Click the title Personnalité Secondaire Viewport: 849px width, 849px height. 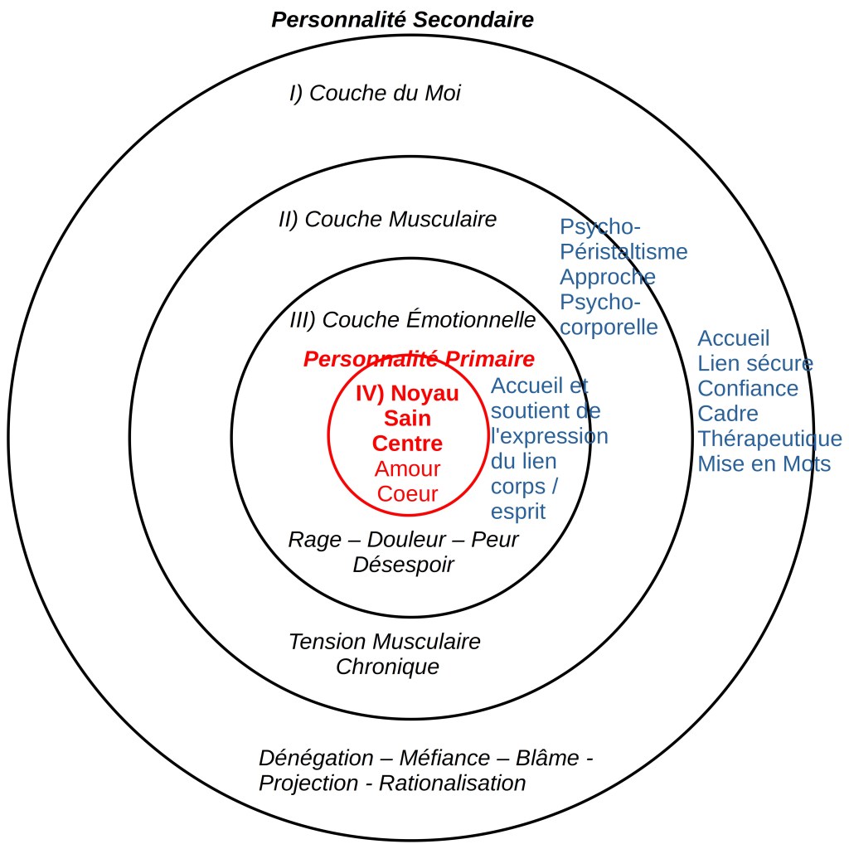tap(402, 19)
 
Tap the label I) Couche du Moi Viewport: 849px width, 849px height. tap(375, 93)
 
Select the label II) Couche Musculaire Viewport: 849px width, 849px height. tap(387, 219)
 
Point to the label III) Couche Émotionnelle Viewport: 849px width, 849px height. tap(413, 319)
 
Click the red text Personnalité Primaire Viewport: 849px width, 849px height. tap(419, 359)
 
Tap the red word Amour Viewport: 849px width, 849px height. tap(407, 468)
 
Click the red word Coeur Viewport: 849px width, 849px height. tap(407, 493)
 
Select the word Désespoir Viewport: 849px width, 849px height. tap(403, 565)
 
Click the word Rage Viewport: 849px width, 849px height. tap(314, 540)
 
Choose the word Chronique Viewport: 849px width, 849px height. tap(387, 667)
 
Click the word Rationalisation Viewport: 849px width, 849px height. tap(452, 783)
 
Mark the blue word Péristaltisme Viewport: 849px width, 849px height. tap(623, 251)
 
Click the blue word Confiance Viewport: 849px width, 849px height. tap(748, 388)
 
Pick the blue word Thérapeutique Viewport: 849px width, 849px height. tap(769, 439)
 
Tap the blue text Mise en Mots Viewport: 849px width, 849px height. tap(764, 463)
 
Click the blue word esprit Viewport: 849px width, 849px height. tap(518, 511)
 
